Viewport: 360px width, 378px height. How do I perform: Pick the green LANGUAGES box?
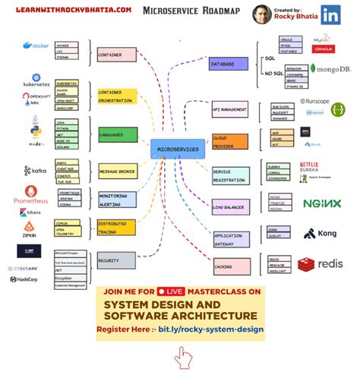[117, 135]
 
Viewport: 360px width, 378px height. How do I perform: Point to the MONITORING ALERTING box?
[115, 200]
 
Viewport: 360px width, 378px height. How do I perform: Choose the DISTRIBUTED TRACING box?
[115, 228]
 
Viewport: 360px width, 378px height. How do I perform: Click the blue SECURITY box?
[117, 260]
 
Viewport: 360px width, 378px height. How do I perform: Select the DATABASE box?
[227, 65]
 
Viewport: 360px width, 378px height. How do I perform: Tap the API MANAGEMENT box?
[230, 111]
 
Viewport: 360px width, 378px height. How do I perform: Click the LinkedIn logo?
[330, 14]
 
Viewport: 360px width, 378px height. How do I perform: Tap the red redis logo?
[320, 263]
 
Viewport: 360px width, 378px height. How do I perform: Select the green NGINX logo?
[321, 203]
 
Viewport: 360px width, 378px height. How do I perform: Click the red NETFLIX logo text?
[308, 164]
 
